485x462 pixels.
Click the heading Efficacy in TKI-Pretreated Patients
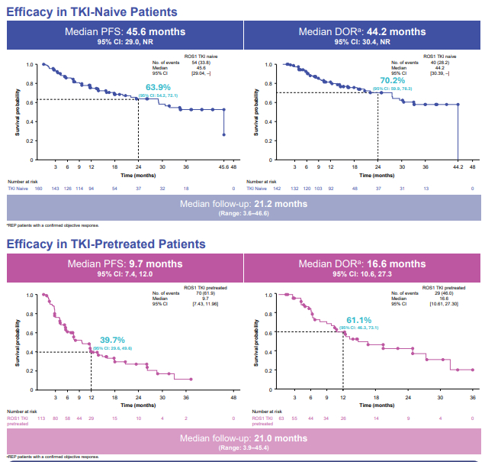(x=106, y=244)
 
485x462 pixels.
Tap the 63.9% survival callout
(x=158, y=87)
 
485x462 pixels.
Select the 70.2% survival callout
(x=392, y=80)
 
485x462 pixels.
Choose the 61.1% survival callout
(x=359, y=319)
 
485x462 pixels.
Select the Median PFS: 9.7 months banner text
(x=124, y=264)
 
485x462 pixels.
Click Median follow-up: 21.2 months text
(x=243, y=204)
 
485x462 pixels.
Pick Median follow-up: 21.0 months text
(x=243, y=438)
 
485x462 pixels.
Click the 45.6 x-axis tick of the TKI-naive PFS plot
(x=223, y=166)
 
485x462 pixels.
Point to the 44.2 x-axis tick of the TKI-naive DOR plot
(x=457, y=166)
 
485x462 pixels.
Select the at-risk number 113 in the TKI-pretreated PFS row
(x=43, y=418)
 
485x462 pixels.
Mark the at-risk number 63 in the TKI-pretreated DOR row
(x=281, y=418)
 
